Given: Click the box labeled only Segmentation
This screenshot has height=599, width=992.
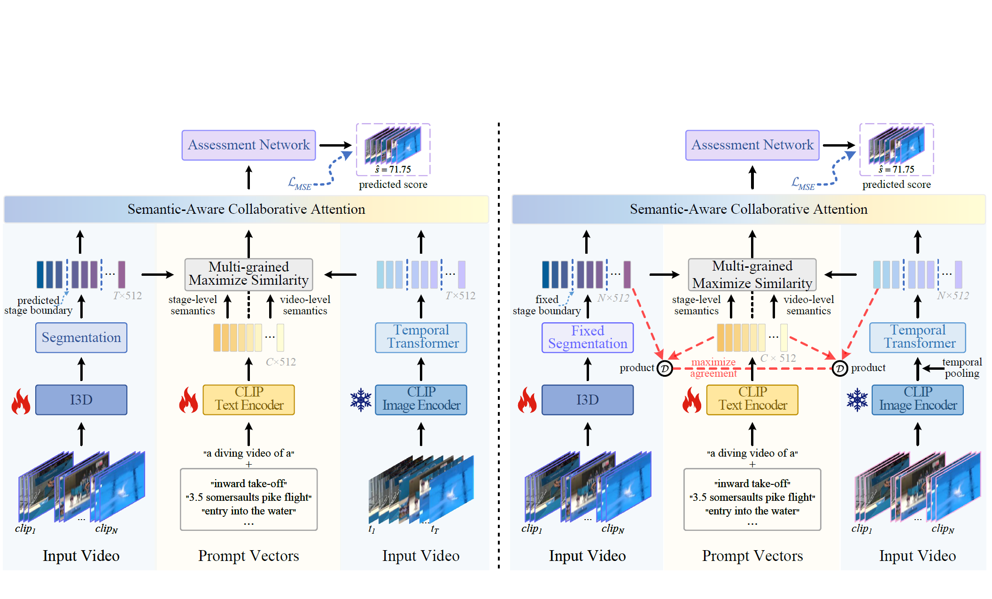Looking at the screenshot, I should click(x=81, y=337).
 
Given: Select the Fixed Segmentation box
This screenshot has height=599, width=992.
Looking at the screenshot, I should click(x=587, y=337).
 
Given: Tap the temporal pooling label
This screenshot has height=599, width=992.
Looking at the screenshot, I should click(x=961, y=367).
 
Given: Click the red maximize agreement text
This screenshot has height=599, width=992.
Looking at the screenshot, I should click(x=713, y=367).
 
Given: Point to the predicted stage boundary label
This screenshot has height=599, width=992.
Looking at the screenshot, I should click(x=38, y=305).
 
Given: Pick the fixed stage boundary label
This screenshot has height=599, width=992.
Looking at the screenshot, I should click(x=546, y=305).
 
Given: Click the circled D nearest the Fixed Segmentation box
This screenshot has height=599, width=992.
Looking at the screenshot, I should click(x=665, y=368).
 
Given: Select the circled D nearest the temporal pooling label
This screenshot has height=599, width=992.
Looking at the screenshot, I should click(x=839, y=368).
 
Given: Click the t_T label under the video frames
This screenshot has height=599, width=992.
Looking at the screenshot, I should click(x=434, y=529).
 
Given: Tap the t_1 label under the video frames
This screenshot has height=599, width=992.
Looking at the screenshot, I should click(x=372, y=529).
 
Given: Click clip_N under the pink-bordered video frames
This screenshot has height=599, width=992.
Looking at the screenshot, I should click(x=943, y=529).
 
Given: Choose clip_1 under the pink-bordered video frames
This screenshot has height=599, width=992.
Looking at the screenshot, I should click(x=861, y=529).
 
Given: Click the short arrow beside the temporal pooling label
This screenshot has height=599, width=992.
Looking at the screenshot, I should click(x=932, y=368).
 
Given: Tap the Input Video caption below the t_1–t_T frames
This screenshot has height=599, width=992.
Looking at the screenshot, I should click(x=420, y=556).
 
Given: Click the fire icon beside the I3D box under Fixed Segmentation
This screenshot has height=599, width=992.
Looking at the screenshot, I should click(x=527, y=400).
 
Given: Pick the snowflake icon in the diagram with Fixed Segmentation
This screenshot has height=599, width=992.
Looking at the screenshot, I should click(x=857, y=400).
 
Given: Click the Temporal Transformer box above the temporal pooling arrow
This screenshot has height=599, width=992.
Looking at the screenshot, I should click(x=917, y=337).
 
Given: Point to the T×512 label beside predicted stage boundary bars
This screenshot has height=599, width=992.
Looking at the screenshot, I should click(x=127, y=296).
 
